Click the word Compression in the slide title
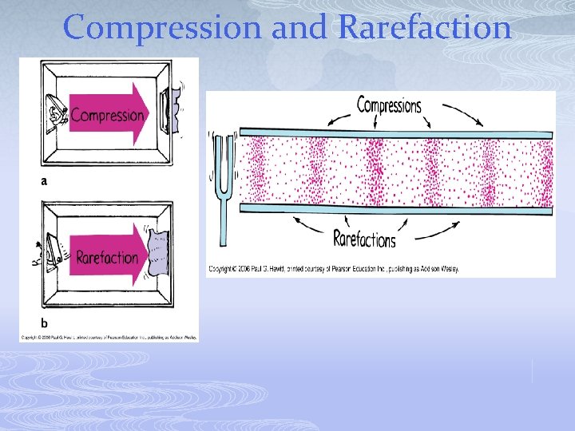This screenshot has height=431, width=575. pyautogui.click(x=163, y=28)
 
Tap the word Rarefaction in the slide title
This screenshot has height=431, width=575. pyautogui.click(x=424, y=28)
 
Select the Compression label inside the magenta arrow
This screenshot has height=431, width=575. pyautogui.click(x=107, y=115)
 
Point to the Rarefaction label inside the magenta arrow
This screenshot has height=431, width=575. pyautogui.click(x=107, y=258)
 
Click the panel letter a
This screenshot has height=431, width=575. pyautogui.click(x=44, y=181)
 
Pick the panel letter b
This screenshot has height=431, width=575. pyautogui.click(x=44, y=323)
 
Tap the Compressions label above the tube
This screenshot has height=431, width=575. pyautogui.click(x=389, y=105)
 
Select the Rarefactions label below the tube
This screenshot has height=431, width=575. pyautogui.click(x=364, y=238)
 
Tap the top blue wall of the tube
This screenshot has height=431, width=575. pyautogui.click(x=396, y=133)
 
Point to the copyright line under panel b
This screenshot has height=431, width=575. pyautogui.click(x=109, y=338)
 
